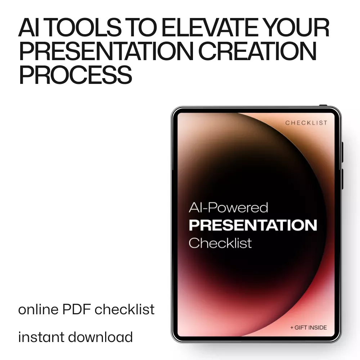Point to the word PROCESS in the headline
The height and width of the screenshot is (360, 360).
76,75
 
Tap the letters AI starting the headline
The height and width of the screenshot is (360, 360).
27,28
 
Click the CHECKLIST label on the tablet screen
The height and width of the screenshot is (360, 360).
306,123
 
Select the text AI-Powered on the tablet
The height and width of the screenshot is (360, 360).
228,208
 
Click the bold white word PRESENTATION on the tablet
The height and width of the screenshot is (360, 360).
253,225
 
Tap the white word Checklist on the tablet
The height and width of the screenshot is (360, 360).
220,243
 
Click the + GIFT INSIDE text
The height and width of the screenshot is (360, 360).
309,328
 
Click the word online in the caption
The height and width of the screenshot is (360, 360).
39,309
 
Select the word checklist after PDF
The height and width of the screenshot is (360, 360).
125,309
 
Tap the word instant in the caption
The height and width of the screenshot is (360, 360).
41,337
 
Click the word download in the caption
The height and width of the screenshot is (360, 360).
100,337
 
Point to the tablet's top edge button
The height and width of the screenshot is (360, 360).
323,105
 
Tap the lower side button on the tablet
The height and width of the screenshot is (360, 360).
342,179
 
